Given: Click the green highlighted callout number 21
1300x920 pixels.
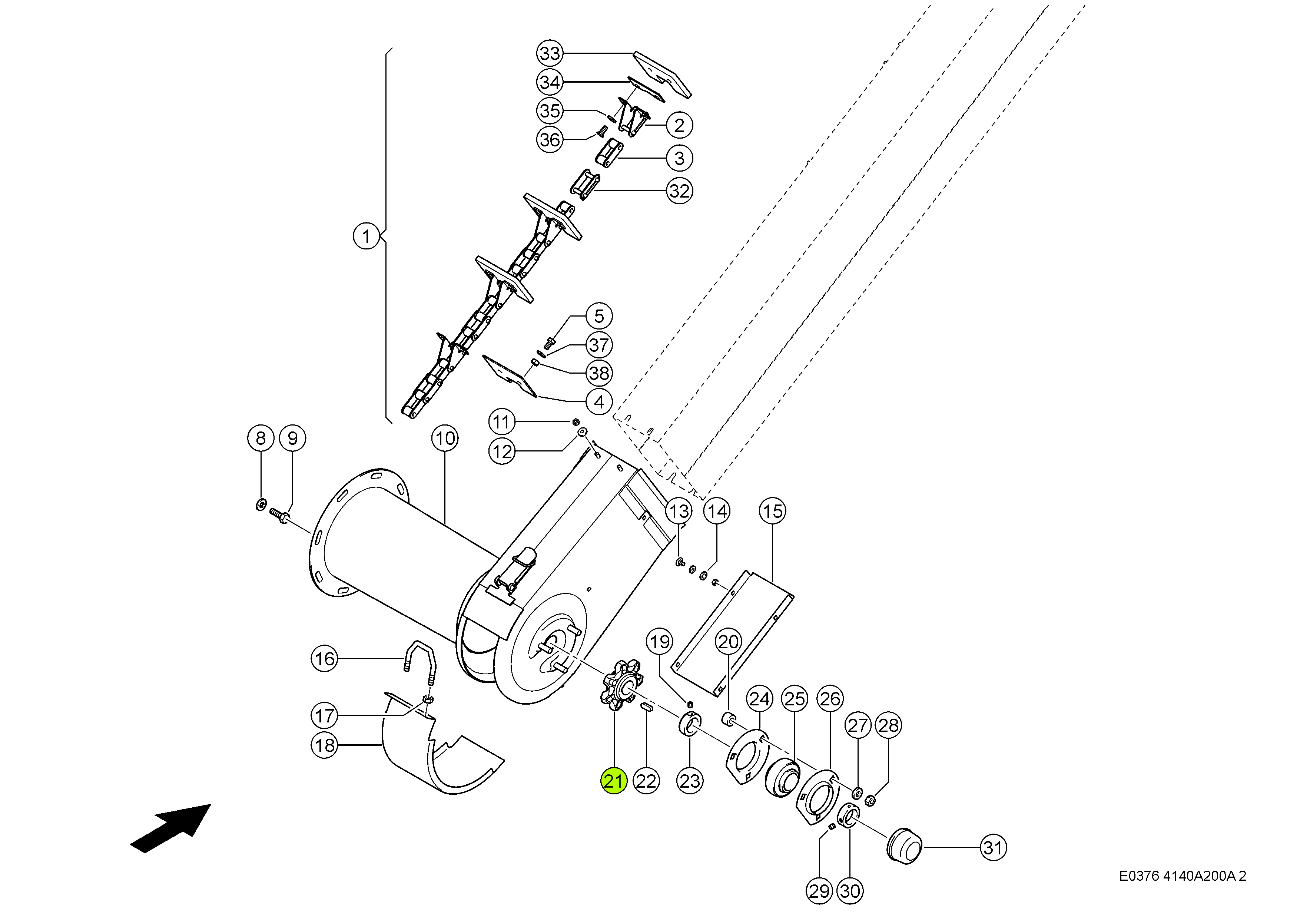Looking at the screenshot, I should coord(614,781).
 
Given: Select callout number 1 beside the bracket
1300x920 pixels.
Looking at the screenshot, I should coord(366,236).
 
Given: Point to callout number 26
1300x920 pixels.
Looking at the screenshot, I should coord(830,698).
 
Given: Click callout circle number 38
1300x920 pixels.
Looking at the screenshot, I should coord(599,373).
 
